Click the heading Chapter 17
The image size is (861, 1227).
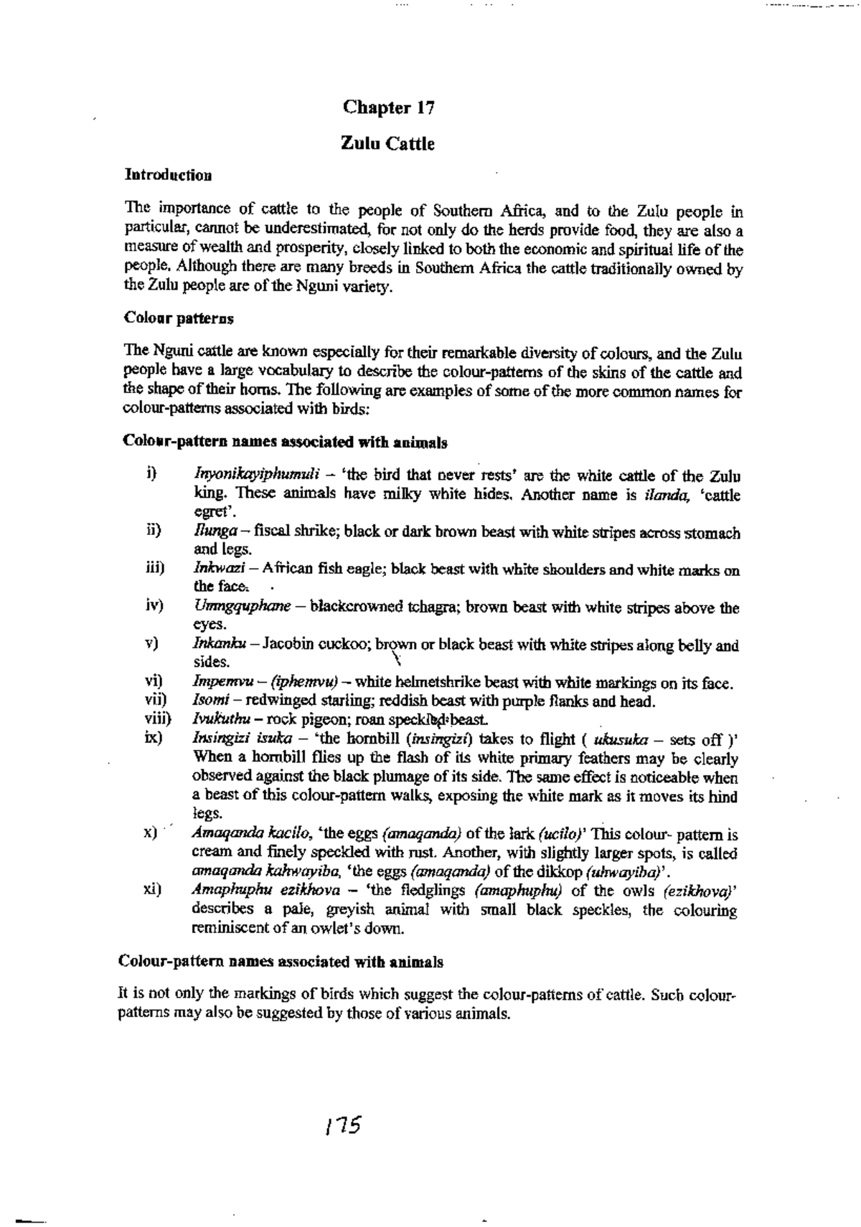click(389, 108)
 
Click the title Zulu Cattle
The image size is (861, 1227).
click(387, 144)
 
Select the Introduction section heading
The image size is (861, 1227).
click(168, 174)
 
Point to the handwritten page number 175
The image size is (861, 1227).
click(342, 1124)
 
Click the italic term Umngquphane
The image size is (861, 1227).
click(242, 607)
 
